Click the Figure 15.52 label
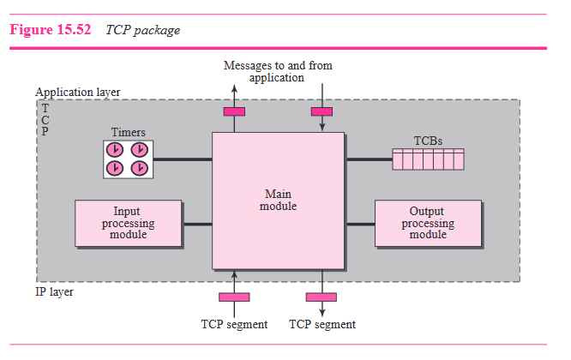[x=51, y=30]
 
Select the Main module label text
[x=278, y=201]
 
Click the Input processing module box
[x=128, y=223]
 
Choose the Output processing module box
[x=427, y=223]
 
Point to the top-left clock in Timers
[x=116, y=149]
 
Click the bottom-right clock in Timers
[x=140, y=167]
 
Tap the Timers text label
[x=128, y=132]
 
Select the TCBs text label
[x=428, y=141]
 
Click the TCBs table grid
[x=427, y=159]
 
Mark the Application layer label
[x=78, y=92]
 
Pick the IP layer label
[x=55, y=291]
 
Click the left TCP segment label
[x=234, y=324]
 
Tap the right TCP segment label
[x=322, y=324]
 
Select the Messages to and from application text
[x=277, y=71]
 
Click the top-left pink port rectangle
[x=234, y=111]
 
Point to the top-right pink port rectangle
[x=322, y=111]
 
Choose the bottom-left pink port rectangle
[x=234, y=297]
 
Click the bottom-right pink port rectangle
[x=322, y=297]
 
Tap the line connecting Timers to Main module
[x=183, y=159]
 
